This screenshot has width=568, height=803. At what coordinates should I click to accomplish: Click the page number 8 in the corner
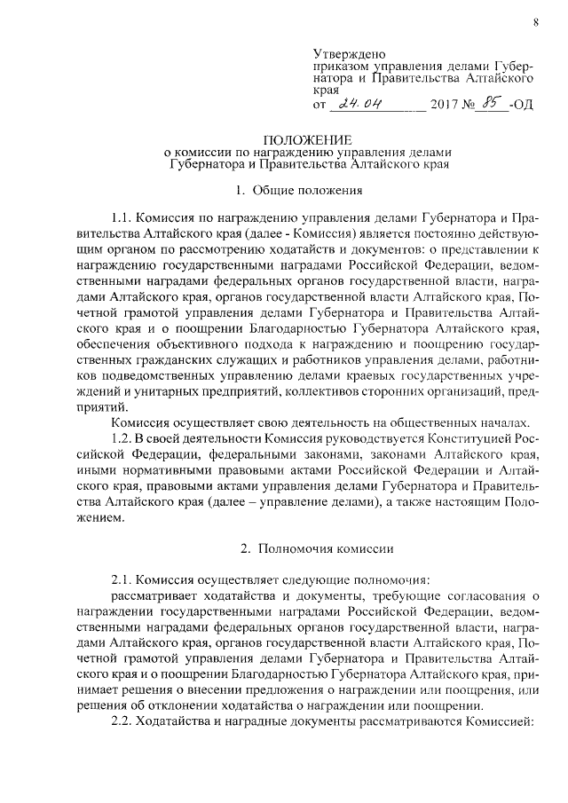point(536,22)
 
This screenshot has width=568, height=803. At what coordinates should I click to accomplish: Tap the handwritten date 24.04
point(359,104)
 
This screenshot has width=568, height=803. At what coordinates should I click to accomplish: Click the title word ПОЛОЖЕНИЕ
point(306,140)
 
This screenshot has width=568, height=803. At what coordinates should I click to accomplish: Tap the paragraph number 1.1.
point(122,217)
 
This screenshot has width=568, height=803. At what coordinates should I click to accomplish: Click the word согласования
point(493,594)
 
